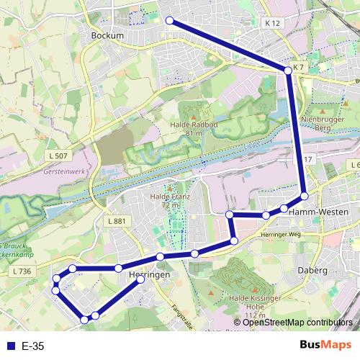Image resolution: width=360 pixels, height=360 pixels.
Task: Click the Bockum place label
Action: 108,35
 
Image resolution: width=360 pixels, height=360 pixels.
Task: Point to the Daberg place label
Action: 312,270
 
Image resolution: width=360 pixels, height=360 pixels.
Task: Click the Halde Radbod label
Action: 192,125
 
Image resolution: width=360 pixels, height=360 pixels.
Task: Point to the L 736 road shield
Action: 22,271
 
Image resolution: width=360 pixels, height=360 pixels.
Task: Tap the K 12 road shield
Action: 271,23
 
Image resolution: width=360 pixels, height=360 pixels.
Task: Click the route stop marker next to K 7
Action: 288,70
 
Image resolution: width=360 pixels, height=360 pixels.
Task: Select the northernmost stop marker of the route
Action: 170,21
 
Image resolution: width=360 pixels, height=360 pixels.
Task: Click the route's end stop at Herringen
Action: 140,280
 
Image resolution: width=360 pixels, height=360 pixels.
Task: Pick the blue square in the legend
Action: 9,346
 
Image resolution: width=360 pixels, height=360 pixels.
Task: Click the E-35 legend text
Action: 33,346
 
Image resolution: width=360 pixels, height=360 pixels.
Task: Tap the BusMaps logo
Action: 325,345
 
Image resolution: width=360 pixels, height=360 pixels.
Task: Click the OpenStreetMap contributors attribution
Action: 297,322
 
